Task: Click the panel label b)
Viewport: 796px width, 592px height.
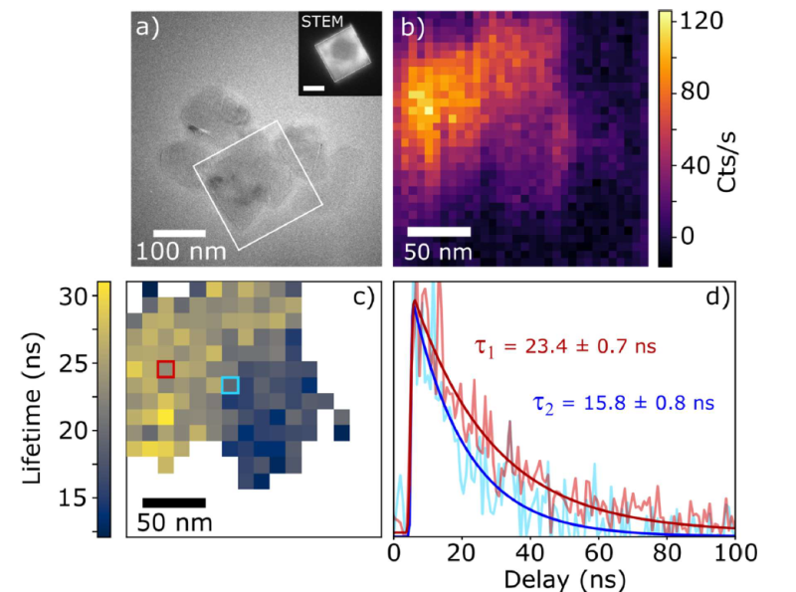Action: click(411, 27)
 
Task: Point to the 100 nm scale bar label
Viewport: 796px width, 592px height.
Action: click(189, 252)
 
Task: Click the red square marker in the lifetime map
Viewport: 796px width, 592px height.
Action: click(165, 369)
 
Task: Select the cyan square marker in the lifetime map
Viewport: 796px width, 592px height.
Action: click(230, 385)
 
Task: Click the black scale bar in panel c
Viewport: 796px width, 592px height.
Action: click(173, 501)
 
